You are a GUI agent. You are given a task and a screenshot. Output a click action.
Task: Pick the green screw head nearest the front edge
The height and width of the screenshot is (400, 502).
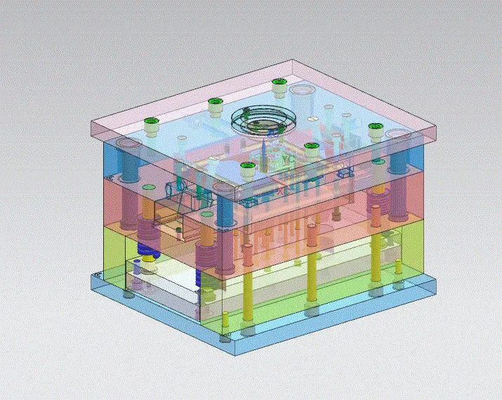[246, 169]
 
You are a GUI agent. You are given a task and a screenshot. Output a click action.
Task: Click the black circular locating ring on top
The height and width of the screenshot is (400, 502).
[259, 120]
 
